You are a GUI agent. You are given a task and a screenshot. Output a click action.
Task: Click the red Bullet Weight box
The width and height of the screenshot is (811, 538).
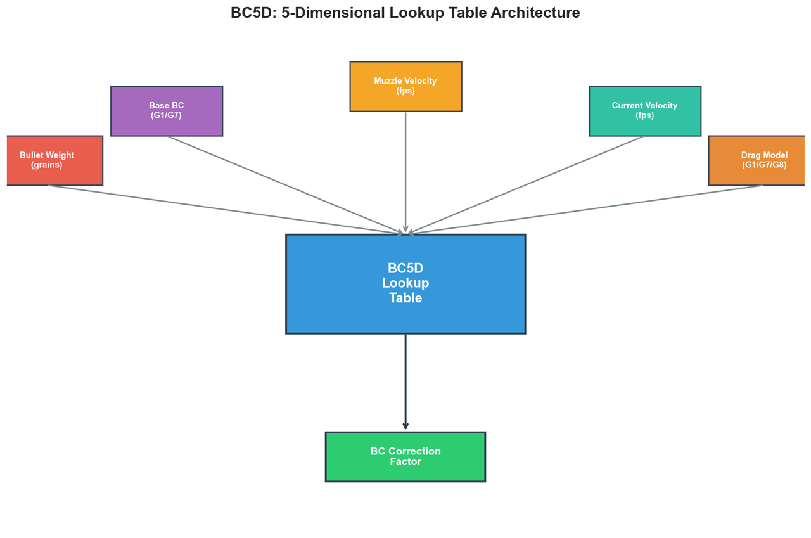(x=54, y=160)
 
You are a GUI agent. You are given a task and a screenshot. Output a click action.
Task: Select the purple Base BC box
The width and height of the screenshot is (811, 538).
(x=167, y=111)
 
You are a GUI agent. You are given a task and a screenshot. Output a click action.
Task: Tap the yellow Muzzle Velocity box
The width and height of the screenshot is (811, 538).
(x=405, y=86)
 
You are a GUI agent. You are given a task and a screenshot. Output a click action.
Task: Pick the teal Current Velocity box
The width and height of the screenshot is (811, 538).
(x=644, y=111)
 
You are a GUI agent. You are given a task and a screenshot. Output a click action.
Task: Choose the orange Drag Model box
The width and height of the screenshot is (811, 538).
(x=757, y=160)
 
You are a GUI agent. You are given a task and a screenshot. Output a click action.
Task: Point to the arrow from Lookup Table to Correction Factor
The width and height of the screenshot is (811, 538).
(x=405, y=380)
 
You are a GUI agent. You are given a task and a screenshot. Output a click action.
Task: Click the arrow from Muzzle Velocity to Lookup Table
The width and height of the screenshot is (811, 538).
(x=405, y=171)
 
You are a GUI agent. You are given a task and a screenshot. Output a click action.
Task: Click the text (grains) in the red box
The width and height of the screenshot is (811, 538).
(x=47, y=165)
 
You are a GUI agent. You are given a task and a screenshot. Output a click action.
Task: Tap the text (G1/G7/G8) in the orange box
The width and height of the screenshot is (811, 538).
(x=764, y=165)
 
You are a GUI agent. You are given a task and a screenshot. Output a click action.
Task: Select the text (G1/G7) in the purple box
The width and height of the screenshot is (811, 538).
(x=167, y=115)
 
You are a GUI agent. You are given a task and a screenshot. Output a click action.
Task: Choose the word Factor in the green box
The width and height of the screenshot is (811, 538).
(x=405, y=462)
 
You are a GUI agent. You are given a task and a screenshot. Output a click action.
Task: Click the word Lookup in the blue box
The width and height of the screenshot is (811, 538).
(x=405, y=283)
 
